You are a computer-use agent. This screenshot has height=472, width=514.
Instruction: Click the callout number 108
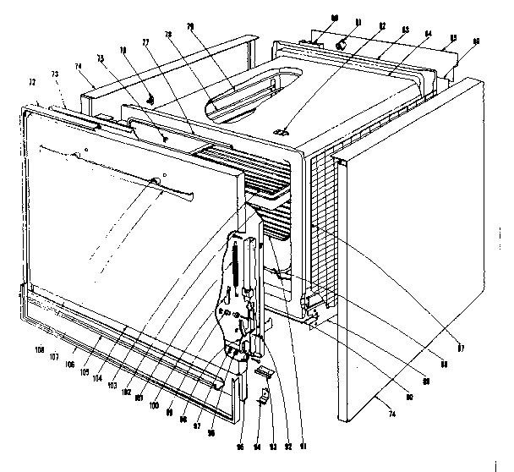(x=39, y=348)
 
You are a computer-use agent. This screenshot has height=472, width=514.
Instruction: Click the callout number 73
(x=55, y=76)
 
